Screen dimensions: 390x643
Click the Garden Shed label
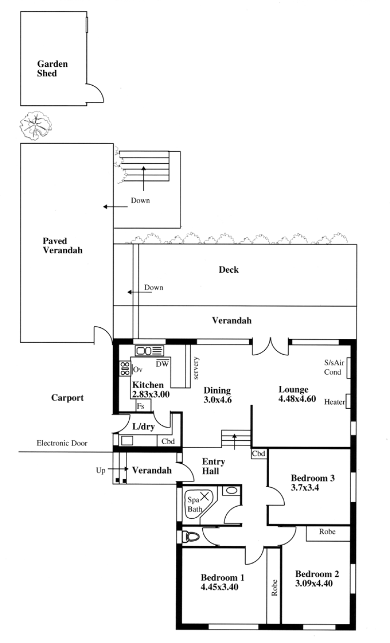click(x=52, y=68)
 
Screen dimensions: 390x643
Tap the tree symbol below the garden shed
click(x=36, y=126)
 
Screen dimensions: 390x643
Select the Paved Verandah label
click(x=62, y=246)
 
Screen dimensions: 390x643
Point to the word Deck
click(x=229, y=269)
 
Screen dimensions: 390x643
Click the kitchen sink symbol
click(x=149, y=351)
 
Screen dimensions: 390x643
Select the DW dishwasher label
click(x=162, y=363)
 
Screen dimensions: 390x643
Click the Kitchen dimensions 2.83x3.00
click(x=151, y=394)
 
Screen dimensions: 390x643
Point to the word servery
click(x=196, y=368)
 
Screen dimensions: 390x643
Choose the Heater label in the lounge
click(x=334, y=402)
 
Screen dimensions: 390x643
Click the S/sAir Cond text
click(x=334, y=367)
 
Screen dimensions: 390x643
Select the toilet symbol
click(x=191, y=536)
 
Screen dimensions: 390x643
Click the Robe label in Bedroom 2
click(x=327, y=531)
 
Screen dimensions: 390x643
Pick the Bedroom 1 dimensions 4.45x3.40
click(x=219, y=586)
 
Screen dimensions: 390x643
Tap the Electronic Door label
click(x=62, y=443)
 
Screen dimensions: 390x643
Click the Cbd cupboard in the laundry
click(x=168, y=441)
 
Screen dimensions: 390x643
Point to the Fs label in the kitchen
click(x=140, y=406)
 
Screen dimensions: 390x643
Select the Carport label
click(x=67, y=397)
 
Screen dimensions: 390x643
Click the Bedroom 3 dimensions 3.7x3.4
click(x=305, y=487)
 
